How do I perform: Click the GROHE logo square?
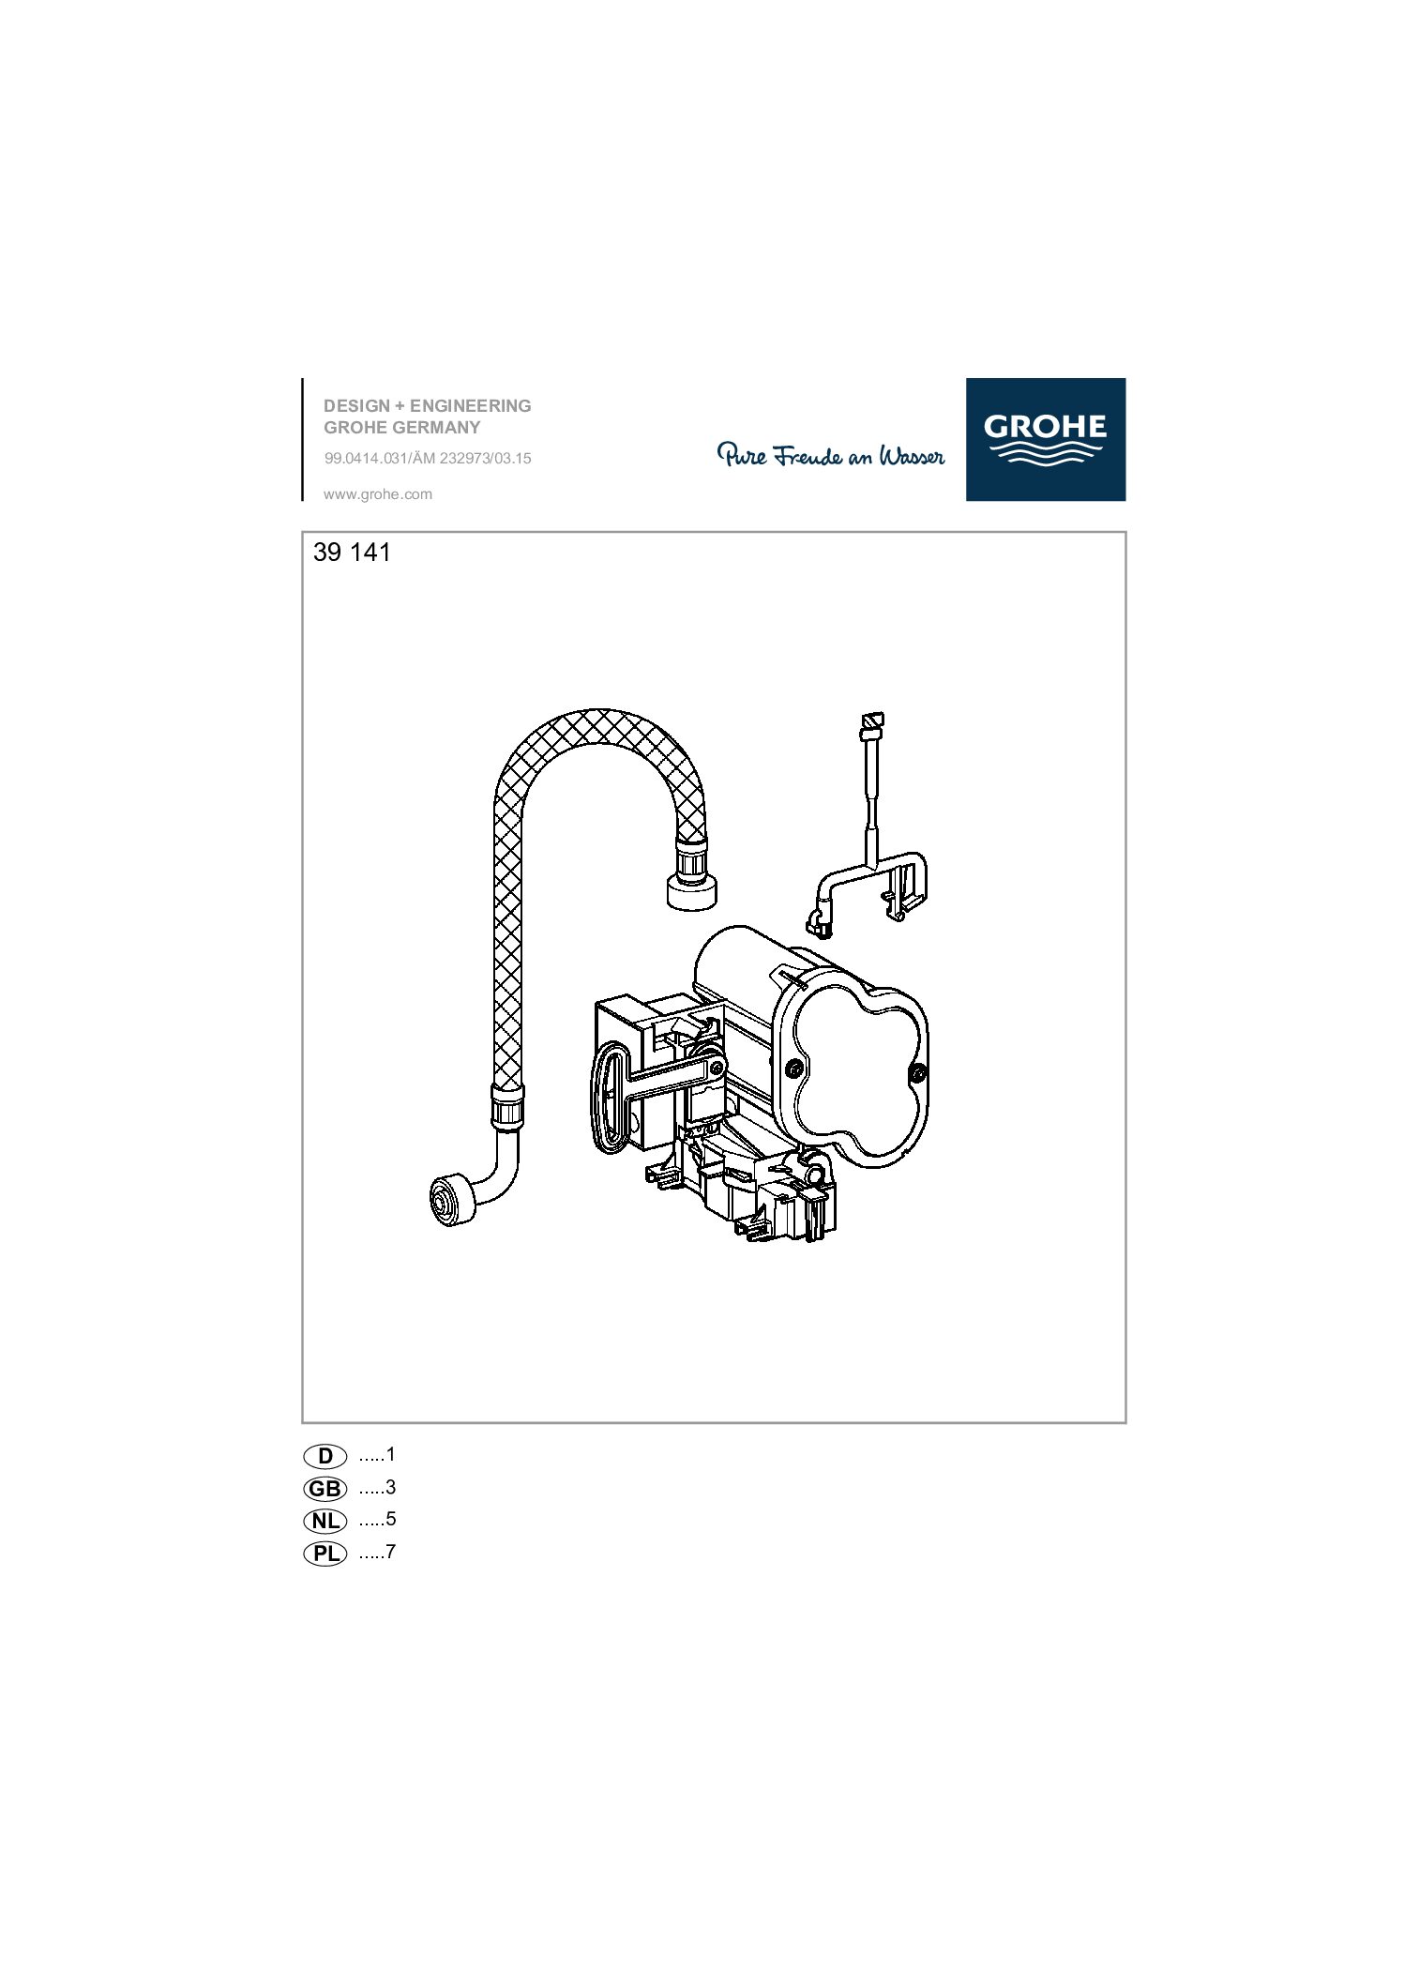tap(1046, 439)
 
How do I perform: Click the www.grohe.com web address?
tap(378, 494)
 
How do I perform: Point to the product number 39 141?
tap(352, 553)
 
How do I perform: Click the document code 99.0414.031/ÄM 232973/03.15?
tap(428, 460)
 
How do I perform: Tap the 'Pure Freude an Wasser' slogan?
tap(831, 456)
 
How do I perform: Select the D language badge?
tap(325, 1456)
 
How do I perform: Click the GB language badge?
tap(325, 1489)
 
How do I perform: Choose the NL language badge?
tap(325, 1521)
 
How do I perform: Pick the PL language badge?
tap(325, 1554)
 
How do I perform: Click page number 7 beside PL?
tap(391, 1553)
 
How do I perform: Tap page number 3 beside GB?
tap(391, 1488)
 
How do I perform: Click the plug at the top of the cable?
tap(871, 720)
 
